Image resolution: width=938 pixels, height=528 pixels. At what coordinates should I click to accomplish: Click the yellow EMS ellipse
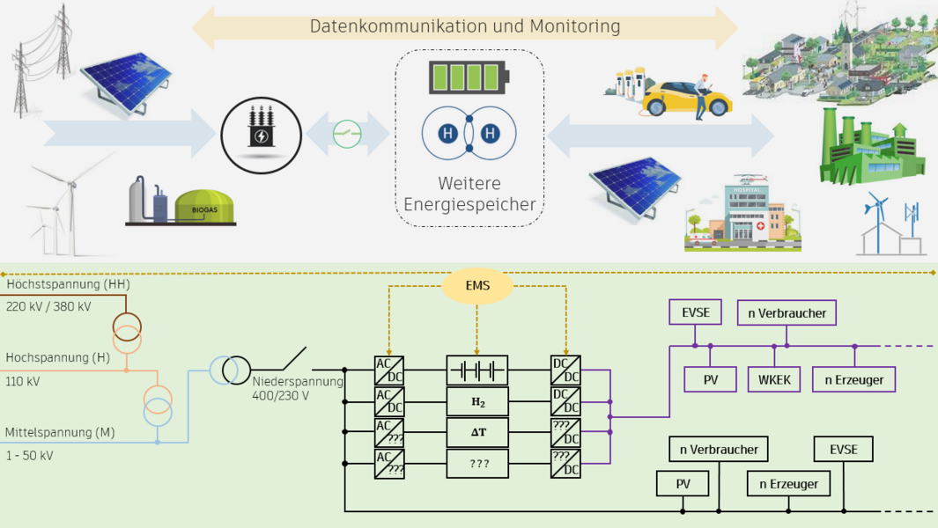coord(477,286)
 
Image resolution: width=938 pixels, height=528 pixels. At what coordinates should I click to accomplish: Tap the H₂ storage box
coord(477,402)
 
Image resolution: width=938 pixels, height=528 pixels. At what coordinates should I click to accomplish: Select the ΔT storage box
coord(477,432)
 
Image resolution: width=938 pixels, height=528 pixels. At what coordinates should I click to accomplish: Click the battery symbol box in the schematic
coord(477,370)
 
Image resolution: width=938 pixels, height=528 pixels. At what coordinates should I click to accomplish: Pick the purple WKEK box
coord(775,379)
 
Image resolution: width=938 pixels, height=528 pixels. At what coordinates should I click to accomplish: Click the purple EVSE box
coord(695,312)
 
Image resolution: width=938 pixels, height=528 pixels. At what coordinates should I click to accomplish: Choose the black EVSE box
coord(844,449)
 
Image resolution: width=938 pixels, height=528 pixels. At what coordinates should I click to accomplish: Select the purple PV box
coord(710,379)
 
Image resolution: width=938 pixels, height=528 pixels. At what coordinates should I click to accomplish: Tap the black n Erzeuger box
coord(788,484)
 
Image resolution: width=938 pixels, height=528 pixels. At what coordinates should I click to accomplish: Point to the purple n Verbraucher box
coord(787,312)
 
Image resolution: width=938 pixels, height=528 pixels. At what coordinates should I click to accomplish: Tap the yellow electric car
coord(687,99)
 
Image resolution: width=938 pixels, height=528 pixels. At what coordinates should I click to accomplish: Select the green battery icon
coord(469,77)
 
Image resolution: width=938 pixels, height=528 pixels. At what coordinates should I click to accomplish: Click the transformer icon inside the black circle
coord(262,126)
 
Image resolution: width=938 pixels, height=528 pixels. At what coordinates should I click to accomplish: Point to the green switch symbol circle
coord(347,135)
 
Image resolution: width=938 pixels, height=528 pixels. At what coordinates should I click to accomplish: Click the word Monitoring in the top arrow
coord(575,26)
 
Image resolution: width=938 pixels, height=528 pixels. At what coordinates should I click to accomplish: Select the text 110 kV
coord(23,382)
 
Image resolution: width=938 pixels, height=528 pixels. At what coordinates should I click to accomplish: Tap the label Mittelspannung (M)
coord(60,432)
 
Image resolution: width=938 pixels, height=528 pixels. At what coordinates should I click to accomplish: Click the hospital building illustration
coord(743,212)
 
